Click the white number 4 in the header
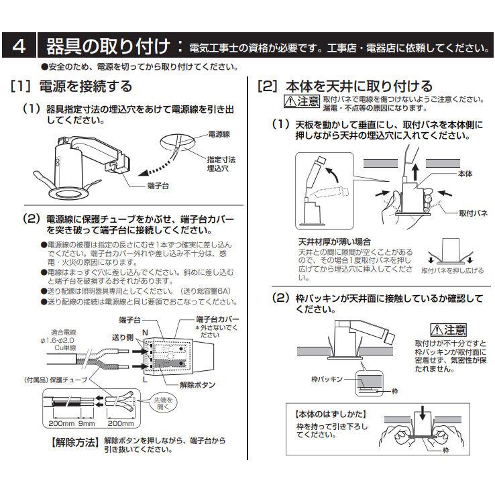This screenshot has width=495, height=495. click(19, 46)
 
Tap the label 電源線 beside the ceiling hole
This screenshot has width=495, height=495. click(219, 134)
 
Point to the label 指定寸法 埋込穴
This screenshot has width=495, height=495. click(221, 164)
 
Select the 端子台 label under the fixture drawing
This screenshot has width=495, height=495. click(158, 186)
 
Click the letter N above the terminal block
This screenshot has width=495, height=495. click(146, 333)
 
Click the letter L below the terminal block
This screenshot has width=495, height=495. click(146, 380)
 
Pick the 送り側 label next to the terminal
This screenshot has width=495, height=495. click(123, 337)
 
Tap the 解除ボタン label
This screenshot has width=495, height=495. click(197, 384)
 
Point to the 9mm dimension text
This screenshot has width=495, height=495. click(87, 423)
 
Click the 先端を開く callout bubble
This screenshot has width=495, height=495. click(163, 403)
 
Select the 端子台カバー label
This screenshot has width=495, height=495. click(217, 319)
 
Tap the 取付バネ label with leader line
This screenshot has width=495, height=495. click(474, 213)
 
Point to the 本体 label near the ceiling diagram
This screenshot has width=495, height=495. click(465, 174)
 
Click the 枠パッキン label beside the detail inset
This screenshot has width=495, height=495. click(327, 379)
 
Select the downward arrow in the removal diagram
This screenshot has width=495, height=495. click(422, 413)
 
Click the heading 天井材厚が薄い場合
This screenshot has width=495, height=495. click(334, 242)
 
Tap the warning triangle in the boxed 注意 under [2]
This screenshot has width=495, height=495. click(290, 102)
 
